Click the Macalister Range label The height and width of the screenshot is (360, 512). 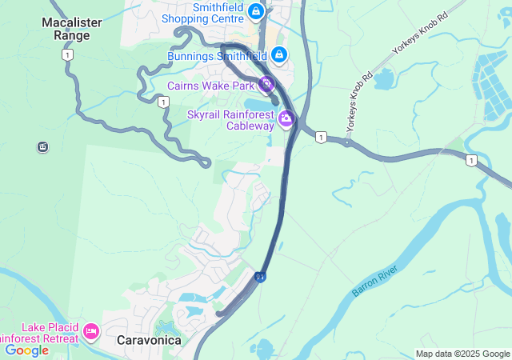[72, 29]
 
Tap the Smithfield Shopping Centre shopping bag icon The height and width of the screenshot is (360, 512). [255, 11]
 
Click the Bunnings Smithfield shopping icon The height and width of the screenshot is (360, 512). [278, 55]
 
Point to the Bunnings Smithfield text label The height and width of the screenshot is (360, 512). [217, 56]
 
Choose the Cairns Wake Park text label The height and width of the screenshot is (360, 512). [210, 86]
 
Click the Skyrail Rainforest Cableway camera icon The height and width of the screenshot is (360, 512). [286, 120]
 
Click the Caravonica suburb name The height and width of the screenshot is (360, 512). [149, 340]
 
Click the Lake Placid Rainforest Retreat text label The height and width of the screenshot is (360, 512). [40, 332]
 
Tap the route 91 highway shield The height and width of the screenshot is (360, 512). [261, 276]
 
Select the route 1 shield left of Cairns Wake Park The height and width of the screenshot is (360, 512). [163, 102]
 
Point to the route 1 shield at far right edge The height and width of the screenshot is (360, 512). [472, 161]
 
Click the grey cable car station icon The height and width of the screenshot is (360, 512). [42, 146]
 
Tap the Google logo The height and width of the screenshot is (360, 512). [27, 350]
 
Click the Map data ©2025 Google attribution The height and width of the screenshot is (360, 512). [462, 354]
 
